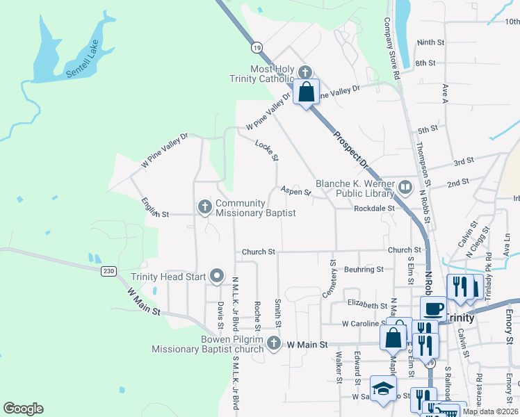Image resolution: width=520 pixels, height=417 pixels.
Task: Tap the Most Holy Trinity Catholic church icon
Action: tap(304, 72)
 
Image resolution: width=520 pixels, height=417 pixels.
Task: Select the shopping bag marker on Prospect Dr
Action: tap(306, 92)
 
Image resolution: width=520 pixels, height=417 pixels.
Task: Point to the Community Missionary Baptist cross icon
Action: tap(204, 206)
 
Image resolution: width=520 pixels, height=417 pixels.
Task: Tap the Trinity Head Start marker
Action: tap(217, 277)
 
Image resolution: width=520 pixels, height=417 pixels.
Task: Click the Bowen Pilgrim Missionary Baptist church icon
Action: tap(275, 343)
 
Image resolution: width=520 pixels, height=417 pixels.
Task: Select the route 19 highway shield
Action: tap(257, 47)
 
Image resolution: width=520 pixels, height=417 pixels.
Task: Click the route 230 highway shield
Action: tap(107, 270)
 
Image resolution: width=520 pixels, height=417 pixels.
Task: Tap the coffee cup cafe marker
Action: tap(434, 308)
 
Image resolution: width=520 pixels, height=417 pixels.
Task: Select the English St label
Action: tap(155, 211)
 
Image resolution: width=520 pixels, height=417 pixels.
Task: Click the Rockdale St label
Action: tap(374, 208)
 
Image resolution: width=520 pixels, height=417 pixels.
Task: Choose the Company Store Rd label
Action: tap(392, 49)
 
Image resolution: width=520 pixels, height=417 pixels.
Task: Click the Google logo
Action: tap(23, 409)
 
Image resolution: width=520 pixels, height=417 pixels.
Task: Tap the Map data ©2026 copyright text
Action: tap(490, 411)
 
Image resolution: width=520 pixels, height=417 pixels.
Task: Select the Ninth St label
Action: tap(430, 42)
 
